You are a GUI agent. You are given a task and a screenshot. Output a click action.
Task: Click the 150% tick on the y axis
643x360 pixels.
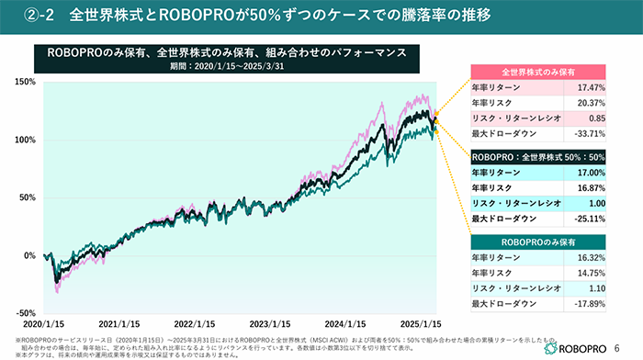(25, 83)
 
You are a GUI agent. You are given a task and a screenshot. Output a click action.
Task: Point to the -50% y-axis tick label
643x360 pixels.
(25, 312)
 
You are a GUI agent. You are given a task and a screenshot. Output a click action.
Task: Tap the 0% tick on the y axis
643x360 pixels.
(30, 254)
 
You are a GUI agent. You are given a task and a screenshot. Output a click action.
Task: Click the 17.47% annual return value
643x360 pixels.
(590, 87)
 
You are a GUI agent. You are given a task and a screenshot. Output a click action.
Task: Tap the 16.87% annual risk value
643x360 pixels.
(590, 187)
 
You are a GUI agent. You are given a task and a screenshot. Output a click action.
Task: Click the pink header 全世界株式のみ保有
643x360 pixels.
(538, 72)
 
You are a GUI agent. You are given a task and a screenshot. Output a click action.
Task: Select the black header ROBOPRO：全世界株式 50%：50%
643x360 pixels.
(538, 156)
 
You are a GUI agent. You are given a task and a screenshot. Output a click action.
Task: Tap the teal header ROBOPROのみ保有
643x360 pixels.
(538, 241)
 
